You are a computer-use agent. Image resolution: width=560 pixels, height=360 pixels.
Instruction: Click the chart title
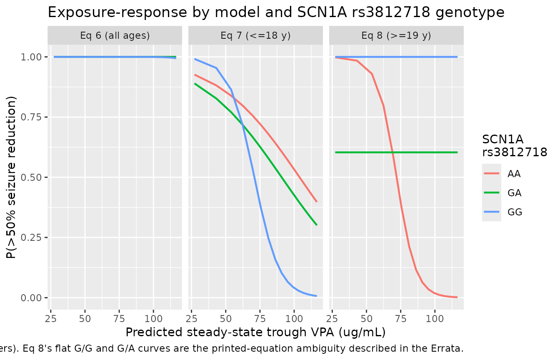point(276,12)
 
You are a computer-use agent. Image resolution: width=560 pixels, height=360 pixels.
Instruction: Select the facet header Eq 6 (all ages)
point(115,35)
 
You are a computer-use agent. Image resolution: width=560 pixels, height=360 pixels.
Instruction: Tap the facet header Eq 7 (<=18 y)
point(255,35)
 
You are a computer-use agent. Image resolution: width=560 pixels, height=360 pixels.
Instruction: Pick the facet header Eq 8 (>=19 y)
point(396,35)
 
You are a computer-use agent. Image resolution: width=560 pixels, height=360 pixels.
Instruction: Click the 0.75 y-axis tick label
point(31,117)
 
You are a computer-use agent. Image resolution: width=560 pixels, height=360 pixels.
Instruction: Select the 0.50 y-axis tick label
point(31,177)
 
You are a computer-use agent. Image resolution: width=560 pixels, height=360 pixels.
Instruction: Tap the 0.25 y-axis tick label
point(31,237)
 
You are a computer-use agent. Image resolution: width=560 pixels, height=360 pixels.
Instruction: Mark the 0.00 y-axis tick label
point(31,298)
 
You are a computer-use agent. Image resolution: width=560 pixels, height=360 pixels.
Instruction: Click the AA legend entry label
point(514,174)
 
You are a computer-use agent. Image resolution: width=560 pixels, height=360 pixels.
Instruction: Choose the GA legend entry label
point(514,193)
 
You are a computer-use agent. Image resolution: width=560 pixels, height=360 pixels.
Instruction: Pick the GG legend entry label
point(515,212)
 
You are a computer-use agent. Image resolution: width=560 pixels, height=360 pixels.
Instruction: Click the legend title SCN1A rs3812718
point(515,146)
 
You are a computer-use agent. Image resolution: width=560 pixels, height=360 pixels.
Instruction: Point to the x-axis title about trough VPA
point(255,332)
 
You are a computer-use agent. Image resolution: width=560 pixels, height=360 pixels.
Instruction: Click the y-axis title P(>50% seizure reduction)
point(11,177)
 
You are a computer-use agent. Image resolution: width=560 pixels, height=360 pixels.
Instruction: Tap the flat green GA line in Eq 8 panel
point(396,152)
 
